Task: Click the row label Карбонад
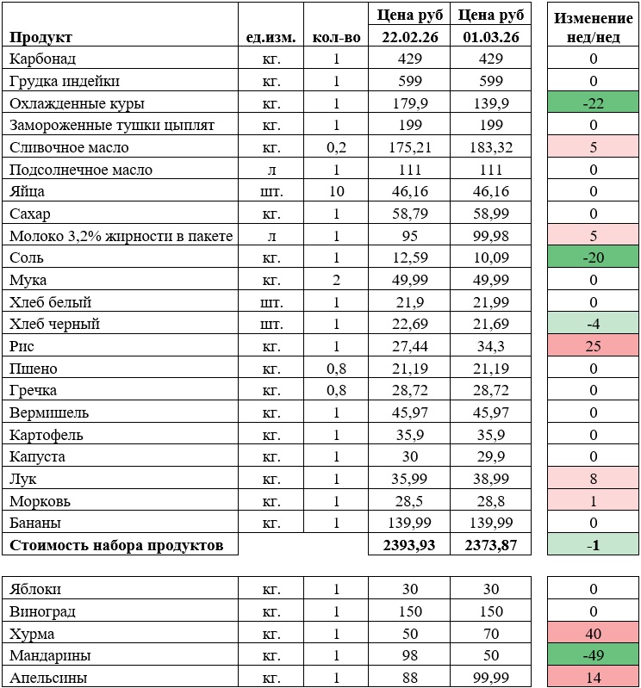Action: [42, 59]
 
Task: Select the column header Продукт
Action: [40, 37]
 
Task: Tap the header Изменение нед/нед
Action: [593, 26]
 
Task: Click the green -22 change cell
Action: [593, 103]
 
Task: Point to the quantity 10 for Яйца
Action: [336, 192]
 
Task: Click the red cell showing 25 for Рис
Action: [593, 347]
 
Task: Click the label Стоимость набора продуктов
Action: [116, 545]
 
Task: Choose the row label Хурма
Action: [31, 634]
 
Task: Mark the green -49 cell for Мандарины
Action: [593, 656]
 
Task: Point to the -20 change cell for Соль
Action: [593, 258]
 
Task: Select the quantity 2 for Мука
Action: [336, 280]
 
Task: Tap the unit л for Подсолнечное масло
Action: [271, 170]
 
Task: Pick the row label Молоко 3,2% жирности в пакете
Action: [121, 236]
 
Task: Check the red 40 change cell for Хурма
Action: [593, 634]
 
